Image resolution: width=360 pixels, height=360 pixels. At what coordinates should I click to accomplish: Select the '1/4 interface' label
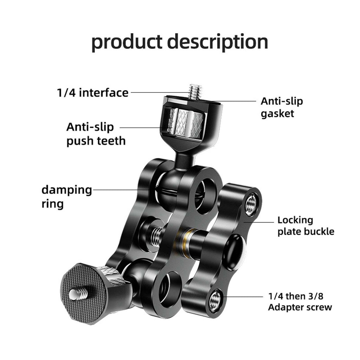pos(93,93)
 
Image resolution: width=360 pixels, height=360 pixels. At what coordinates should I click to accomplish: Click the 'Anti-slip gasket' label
pos(282,108)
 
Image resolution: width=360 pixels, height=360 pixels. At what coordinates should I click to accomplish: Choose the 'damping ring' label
pos(66,197)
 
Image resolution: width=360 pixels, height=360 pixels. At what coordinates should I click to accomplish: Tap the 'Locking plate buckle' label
pos(306,226)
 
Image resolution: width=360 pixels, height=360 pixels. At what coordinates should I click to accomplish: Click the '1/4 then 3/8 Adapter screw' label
pos(300,302)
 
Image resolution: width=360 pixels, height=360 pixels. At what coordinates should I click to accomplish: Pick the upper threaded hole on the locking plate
pos(251,205)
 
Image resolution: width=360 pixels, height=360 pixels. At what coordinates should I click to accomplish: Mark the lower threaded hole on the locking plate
pos(215,300)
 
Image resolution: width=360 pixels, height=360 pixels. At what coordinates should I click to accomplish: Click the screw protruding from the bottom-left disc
pos(78,294)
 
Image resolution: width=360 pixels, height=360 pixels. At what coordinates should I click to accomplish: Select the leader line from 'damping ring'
pos(121,190)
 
